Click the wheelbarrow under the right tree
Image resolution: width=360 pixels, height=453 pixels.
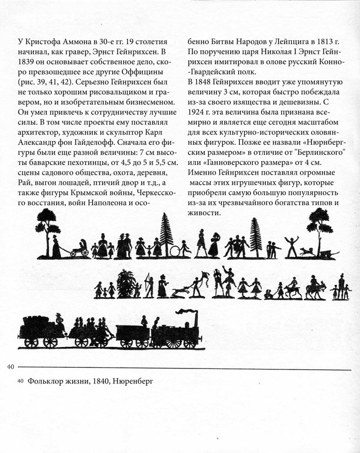tap(325, 254)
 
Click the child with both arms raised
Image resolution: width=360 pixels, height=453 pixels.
tap(291, 246)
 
